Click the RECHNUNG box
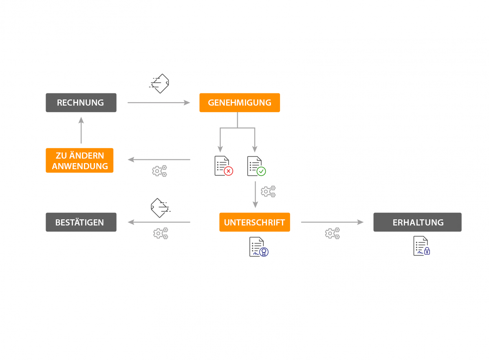point(81,103)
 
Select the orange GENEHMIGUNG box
point(240,103)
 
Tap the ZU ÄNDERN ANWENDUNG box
point(79,160)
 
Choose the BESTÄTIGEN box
point(81,222)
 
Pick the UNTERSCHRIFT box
point(255,222)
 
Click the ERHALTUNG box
point(417,222)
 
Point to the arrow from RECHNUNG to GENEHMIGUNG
point(159,103)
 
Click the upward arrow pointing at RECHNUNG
point(81,130)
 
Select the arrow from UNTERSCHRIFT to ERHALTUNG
point(332,222)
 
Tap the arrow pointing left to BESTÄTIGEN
point(159,222)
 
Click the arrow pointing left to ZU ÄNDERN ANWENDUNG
point(159,160)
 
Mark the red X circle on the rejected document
point(229,171)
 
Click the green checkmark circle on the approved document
point(261,171)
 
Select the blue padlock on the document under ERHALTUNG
point(427,251)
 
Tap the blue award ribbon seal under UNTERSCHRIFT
point(264,252)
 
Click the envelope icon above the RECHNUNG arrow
point(159,84)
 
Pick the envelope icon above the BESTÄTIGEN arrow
point(161,208)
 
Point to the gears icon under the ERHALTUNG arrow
point(332,233)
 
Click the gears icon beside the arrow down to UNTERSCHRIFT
point(268,191)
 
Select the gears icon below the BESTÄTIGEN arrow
point(161,233)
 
